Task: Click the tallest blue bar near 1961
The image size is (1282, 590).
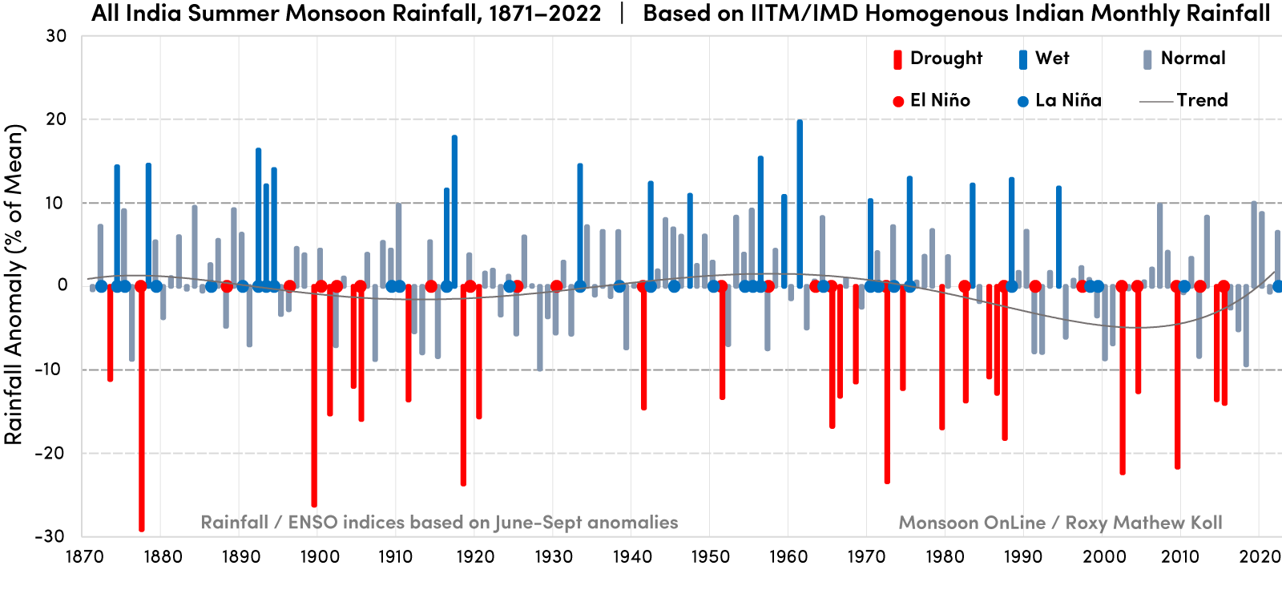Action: (x=800, y=200)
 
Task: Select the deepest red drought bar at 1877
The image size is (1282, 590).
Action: (x=142, y=409)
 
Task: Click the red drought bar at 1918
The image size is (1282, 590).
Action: (x=463, y=385)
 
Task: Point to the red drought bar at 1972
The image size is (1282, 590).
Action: (x=887, y=385)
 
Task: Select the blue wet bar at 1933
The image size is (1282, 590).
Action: (x=580, y=224)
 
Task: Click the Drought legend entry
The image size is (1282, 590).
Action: (x=945, y=59)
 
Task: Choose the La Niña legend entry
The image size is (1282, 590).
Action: (x=1067, y=101)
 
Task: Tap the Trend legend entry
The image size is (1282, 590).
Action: (x=1201, y=101)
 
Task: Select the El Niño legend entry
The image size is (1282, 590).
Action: (x=939, y=101)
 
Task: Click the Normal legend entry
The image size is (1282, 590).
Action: (x=1192, y=59)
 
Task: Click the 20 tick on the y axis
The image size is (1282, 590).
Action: (x=56, y=119)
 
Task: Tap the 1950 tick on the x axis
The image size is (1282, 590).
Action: (x=710, y=557)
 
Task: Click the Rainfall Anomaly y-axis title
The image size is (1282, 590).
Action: (x=14, y=285)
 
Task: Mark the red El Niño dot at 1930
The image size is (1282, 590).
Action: (x=557, y=286)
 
